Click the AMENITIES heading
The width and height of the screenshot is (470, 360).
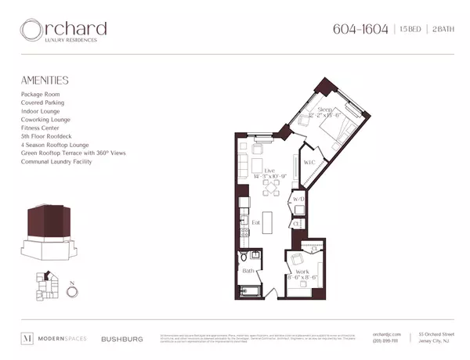coord(45,80)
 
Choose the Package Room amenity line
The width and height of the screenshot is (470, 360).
coord(43,94)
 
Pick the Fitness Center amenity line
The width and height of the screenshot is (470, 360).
coord(43,128)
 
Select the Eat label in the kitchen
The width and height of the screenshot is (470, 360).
coord(255,222)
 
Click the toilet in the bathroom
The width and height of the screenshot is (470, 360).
coord(244,257)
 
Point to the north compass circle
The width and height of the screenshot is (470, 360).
coord(72,291)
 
